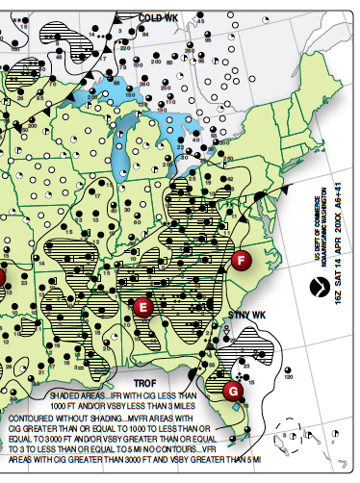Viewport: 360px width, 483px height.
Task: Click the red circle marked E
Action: click(x=143, y=307)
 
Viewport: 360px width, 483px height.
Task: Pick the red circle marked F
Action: click(x=241, y=259)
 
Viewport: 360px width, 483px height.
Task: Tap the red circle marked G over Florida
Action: click(x=232, y=391)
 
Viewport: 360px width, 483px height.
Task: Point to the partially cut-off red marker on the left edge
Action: click(x=3, y=278)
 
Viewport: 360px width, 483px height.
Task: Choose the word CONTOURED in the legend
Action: click(x=36, y=419)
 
